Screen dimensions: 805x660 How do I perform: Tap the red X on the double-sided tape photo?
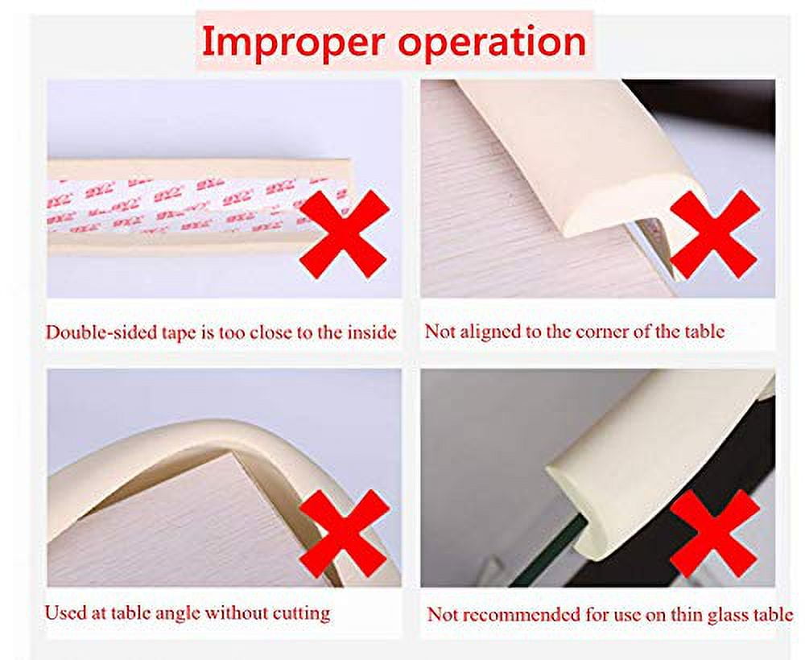(345, 234)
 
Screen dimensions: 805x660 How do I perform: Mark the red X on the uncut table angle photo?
(345, 533)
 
